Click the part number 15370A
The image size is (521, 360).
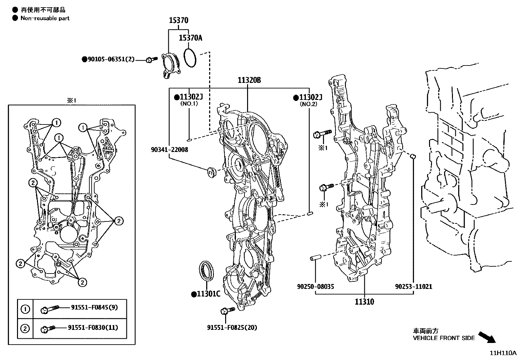(190, 38)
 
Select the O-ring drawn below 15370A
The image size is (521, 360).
(190, 58)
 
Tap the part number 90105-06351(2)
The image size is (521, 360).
(111, 59)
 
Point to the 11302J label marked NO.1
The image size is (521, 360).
(191, 97)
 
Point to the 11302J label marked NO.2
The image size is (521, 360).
(310, 97)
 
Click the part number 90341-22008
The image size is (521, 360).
(170, 150)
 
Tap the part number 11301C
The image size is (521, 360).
(208, 294)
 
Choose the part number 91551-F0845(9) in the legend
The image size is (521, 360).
(95, 307)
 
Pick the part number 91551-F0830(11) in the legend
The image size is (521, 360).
(93, 328)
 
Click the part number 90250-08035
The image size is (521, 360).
(315, 287)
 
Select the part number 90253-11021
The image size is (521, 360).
(413, 287)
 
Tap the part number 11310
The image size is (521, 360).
(364, 302)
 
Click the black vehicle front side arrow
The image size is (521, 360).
(487, 337)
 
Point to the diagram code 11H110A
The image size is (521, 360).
(503, 353)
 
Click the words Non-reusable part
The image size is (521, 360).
(45, 18)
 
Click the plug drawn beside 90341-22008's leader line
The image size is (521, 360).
(211, 172)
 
